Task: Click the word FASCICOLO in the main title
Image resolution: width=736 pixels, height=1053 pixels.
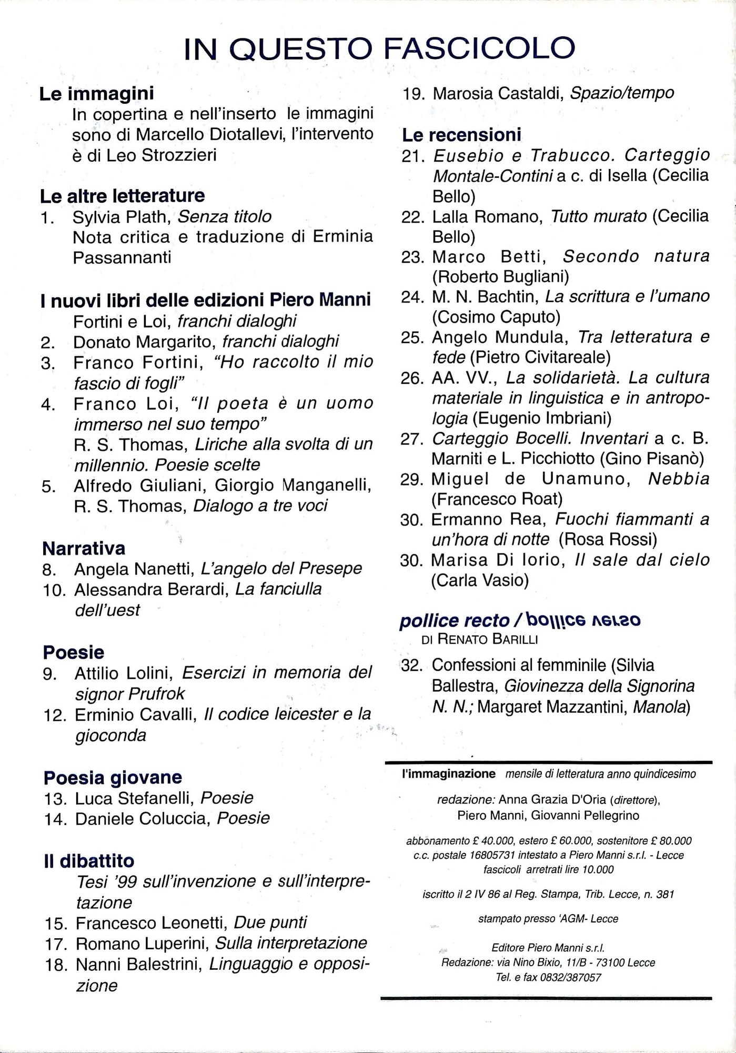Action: pos(479,48)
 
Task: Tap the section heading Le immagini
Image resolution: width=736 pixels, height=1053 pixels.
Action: pos(96,94)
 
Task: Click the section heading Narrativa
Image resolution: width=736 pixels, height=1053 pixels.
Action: pos(84,548)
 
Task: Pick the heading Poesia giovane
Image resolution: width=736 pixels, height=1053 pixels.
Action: pos(113,778)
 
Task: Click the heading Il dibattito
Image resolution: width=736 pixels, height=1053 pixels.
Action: pos(89,861)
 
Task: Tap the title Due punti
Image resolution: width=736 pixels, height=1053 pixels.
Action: pos(270,923)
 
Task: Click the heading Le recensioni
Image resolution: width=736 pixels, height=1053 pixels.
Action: pos(461,135)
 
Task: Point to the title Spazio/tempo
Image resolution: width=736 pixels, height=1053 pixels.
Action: pos(622,93)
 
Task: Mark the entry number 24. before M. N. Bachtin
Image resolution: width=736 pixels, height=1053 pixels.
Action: pos(412,297)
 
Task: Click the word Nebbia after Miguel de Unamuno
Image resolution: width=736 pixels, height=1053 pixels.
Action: pos(679,479)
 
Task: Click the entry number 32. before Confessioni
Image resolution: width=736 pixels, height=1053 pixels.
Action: pos(412,665)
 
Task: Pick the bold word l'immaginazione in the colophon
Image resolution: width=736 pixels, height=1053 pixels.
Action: pos(448,774)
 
